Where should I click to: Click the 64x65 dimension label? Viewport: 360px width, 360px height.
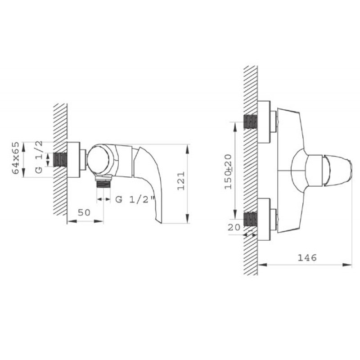[16, 158]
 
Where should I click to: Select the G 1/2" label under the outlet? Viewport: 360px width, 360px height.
[135, 199]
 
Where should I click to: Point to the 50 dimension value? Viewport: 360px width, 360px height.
[84, 212]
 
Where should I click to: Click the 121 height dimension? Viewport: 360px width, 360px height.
[181, 181]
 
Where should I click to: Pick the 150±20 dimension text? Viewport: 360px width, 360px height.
[229, 171]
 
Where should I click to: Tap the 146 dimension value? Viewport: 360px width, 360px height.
[307, 257]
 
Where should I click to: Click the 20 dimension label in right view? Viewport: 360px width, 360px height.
[234, 227]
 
